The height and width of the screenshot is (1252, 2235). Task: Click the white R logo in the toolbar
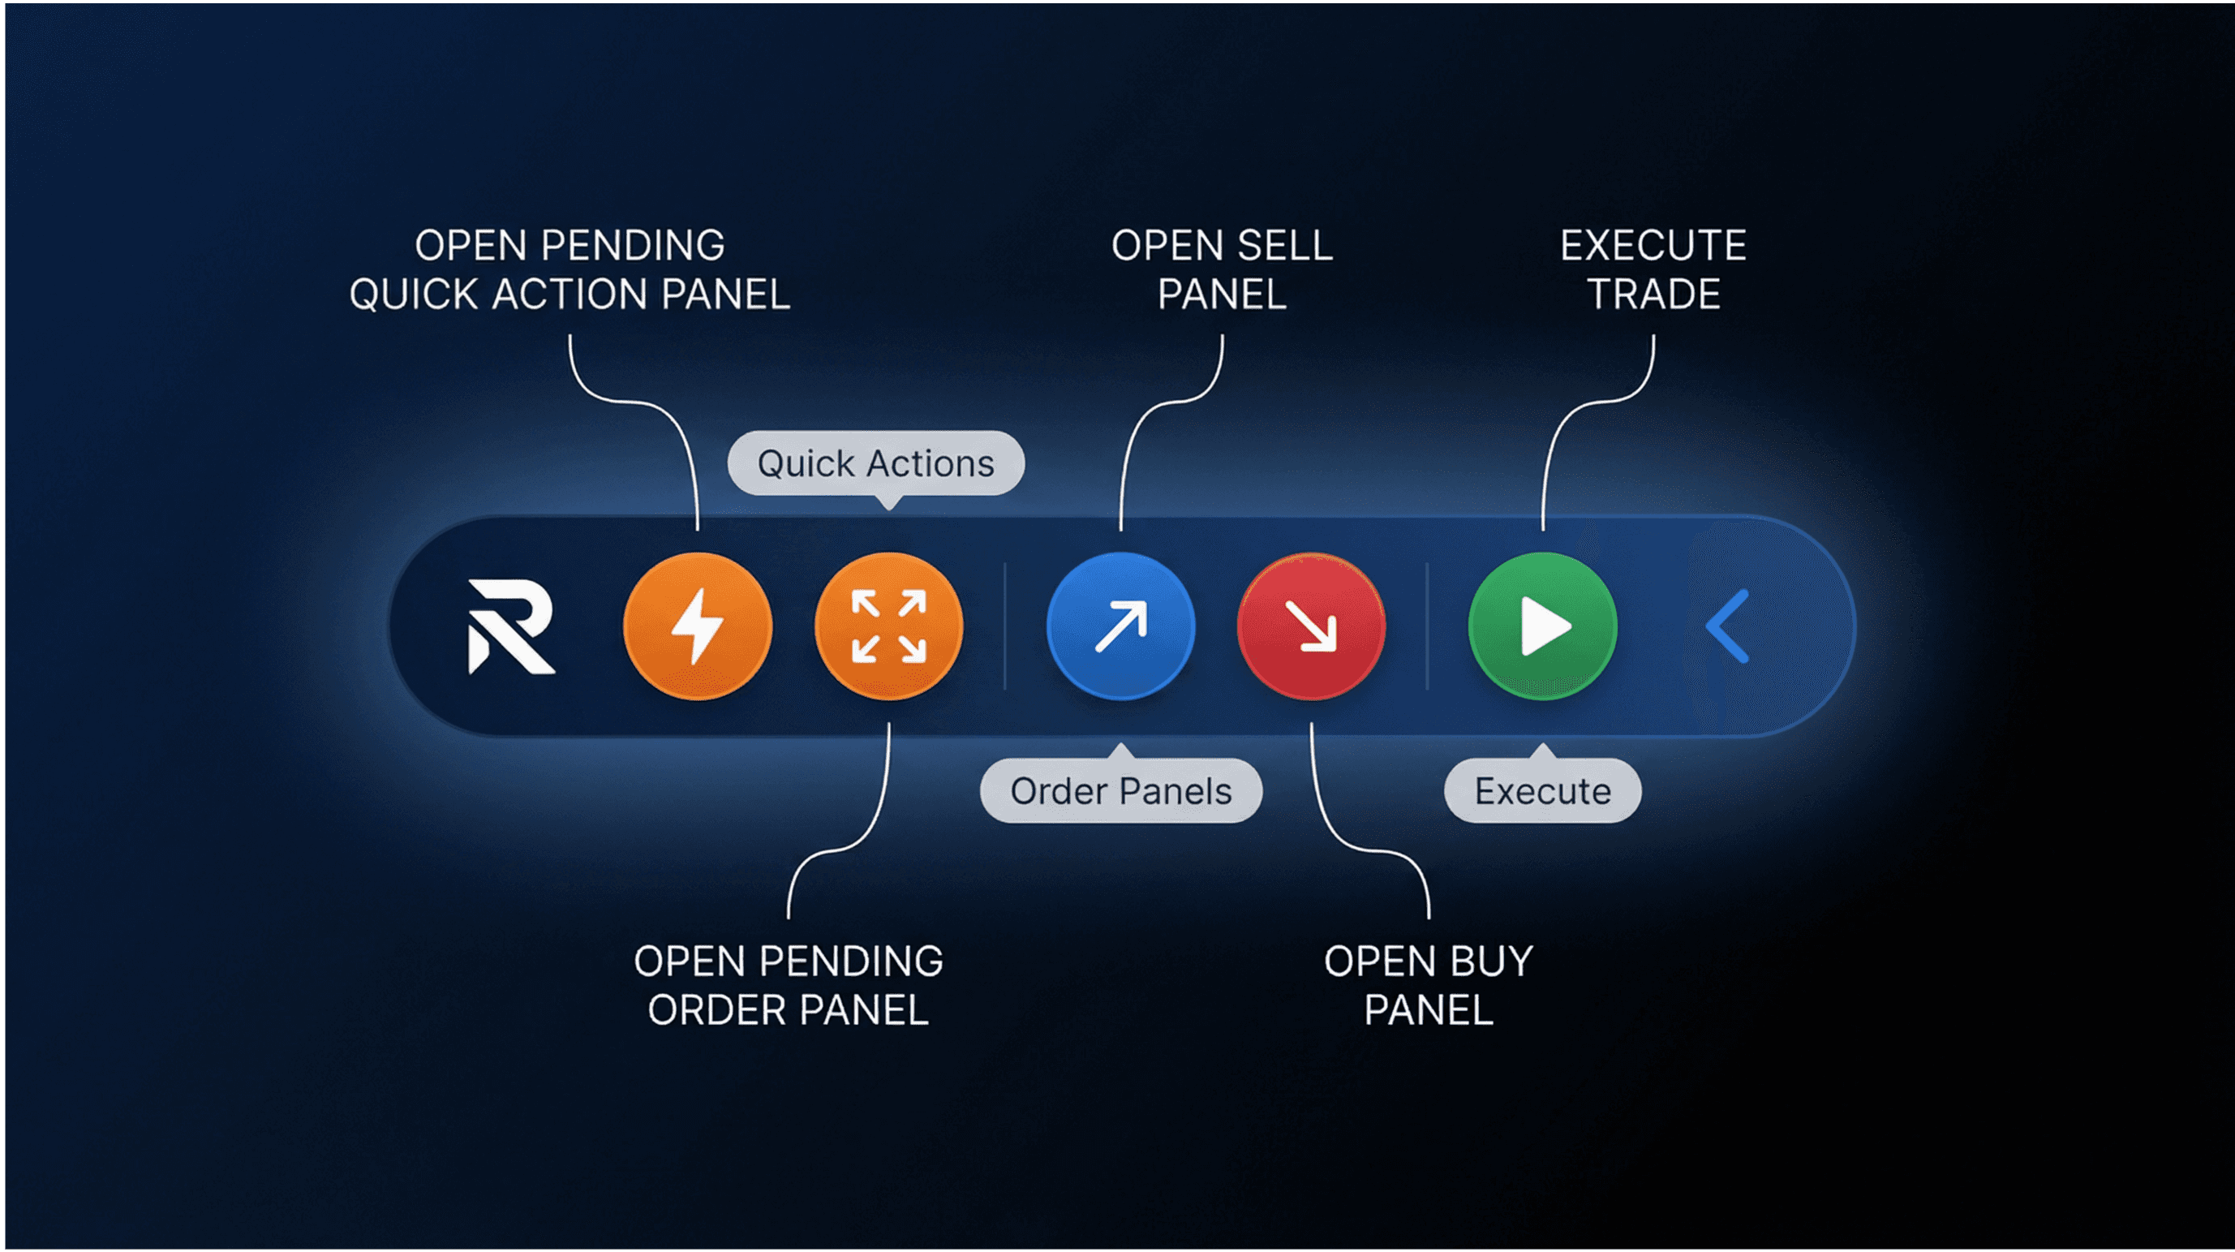[x=511, y=626]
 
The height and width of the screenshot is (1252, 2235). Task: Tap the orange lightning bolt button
[x=698, y=626]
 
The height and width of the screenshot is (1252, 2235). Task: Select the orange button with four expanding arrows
[x=888, y=626]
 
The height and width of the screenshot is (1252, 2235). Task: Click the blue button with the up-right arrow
[x=1120, y=626]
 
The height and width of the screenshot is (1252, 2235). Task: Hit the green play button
[x=1543, y=626]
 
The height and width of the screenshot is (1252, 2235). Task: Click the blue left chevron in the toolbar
[x=1728, y=626]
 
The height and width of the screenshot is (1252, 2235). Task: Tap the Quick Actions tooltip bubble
[x=875, y=463]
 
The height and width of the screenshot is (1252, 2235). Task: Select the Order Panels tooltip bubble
[x=1121, y=791]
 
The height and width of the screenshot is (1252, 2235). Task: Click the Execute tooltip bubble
[x=1543, y=791]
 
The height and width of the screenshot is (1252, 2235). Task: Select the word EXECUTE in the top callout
[x=1653, y=247]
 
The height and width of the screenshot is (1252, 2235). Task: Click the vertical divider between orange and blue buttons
[x=1004, y=626]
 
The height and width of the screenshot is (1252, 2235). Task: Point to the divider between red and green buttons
[x=1427, y=626]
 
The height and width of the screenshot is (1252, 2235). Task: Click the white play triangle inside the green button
[x=1545, y=626]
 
